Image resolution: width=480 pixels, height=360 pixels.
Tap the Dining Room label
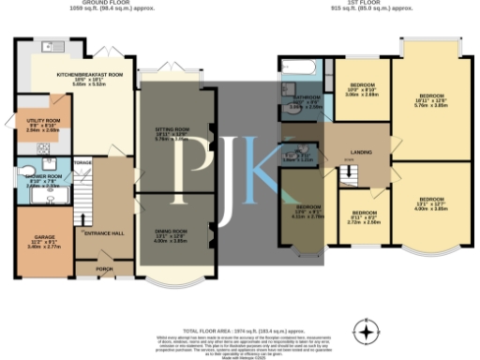click(x=171, y=230)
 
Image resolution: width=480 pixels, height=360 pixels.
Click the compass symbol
click(x=367, y=330)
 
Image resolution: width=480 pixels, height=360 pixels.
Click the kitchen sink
click(x=48, y=46)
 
